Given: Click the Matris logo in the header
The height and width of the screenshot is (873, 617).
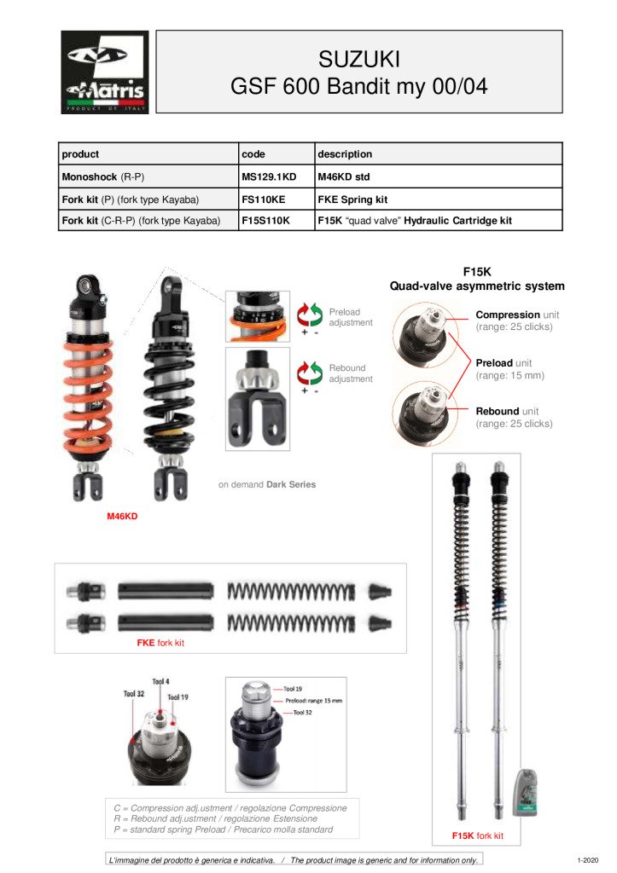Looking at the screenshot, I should (x=105, y=72).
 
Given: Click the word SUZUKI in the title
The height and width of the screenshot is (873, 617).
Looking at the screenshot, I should (x=358, y=60).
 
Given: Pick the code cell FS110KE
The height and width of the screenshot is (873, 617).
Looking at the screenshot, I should (x=265, y=199).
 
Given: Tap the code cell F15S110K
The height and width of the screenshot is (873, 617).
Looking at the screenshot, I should (x=267, y=220).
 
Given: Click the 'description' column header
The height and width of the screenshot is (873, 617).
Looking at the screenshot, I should (x=345, y=154).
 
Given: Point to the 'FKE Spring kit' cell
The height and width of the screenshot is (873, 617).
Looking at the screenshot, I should (x=352, y=199).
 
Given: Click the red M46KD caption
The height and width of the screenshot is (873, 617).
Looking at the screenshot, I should (x=122, y=516).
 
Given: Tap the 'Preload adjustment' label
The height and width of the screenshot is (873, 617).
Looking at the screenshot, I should (x=351, y=317).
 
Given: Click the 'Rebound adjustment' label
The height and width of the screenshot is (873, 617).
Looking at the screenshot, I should (x=351, y=373).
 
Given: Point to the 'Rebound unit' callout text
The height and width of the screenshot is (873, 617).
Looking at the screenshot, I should (x=514, y=417).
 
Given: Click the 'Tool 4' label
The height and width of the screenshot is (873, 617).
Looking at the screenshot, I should (x=161, y=682).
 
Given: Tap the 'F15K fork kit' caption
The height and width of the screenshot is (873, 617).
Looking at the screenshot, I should (x=478, y=835).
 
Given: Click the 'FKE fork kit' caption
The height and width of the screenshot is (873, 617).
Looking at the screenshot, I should (x=160, y=643).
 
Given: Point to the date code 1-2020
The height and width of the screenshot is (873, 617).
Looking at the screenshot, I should (x=589, y=859).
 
